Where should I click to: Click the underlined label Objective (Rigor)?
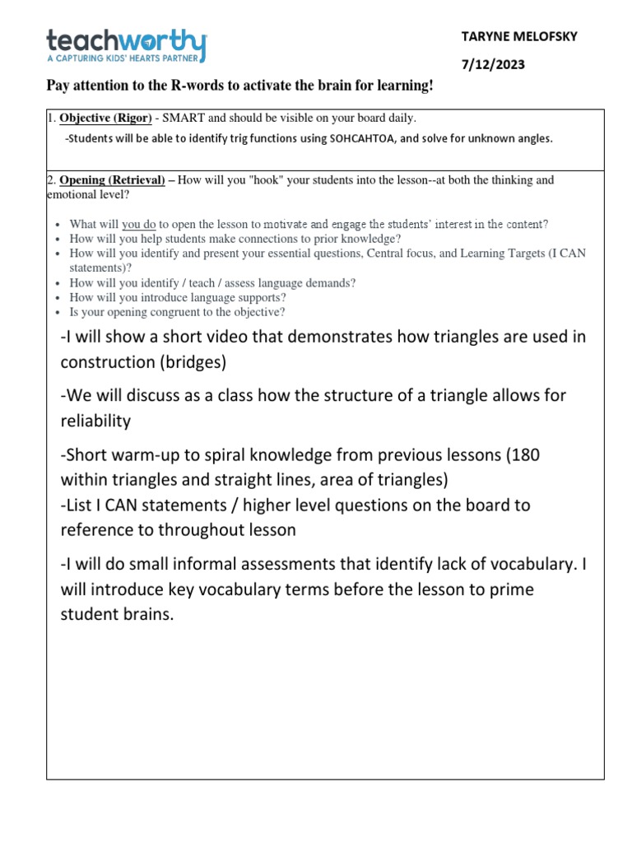tap(105, 118)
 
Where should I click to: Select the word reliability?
tap(95, 421)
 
